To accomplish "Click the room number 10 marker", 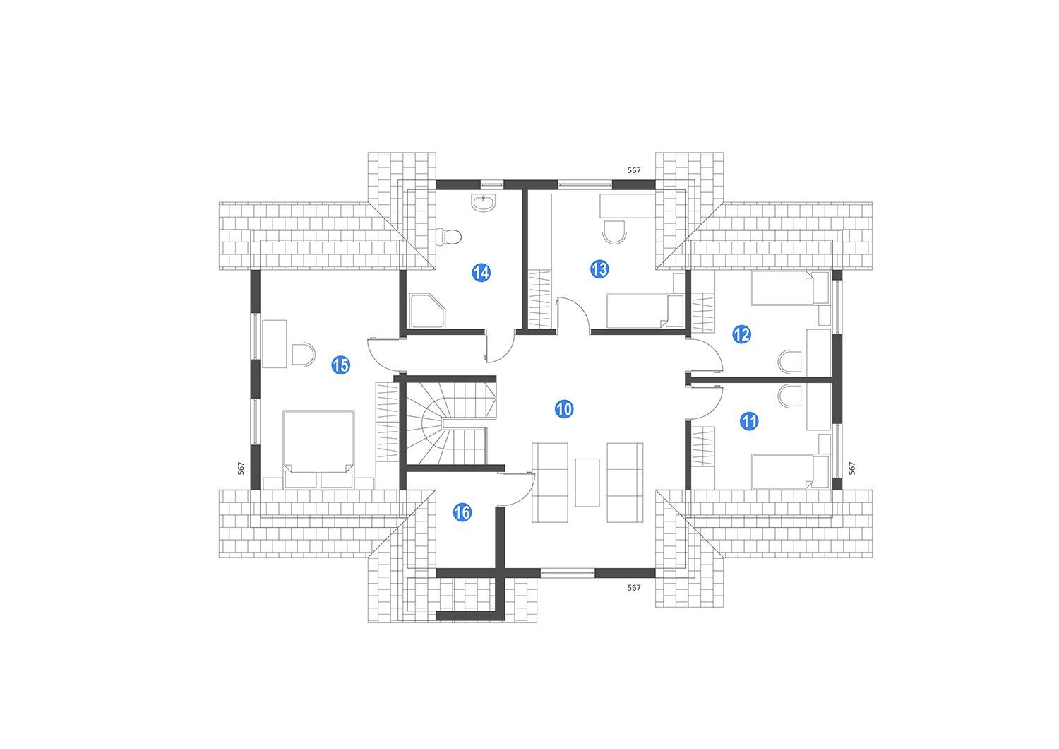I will (x=563, y=408).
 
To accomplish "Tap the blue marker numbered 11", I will (x=749, y=422).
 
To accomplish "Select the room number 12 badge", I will (x=741, y=334).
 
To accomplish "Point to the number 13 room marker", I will (x=599, y=269).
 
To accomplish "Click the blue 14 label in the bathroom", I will (x=481, y=273).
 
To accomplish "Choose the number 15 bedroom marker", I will (x=340, y=365).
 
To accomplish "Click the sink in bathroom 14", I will (x=484, y=203).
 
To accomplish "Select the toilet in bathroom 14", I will (x=448, y=236).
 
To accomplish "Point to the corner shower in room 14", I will (x=427, y=311).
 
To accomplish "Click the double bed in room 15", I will (x=318, y=449).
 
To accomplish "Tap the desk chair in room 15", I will (x=304, y=354).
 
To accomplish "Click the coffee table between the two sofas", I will (x=587, y=482).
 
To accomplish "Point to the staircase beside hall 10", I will (x=447, y=424).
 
